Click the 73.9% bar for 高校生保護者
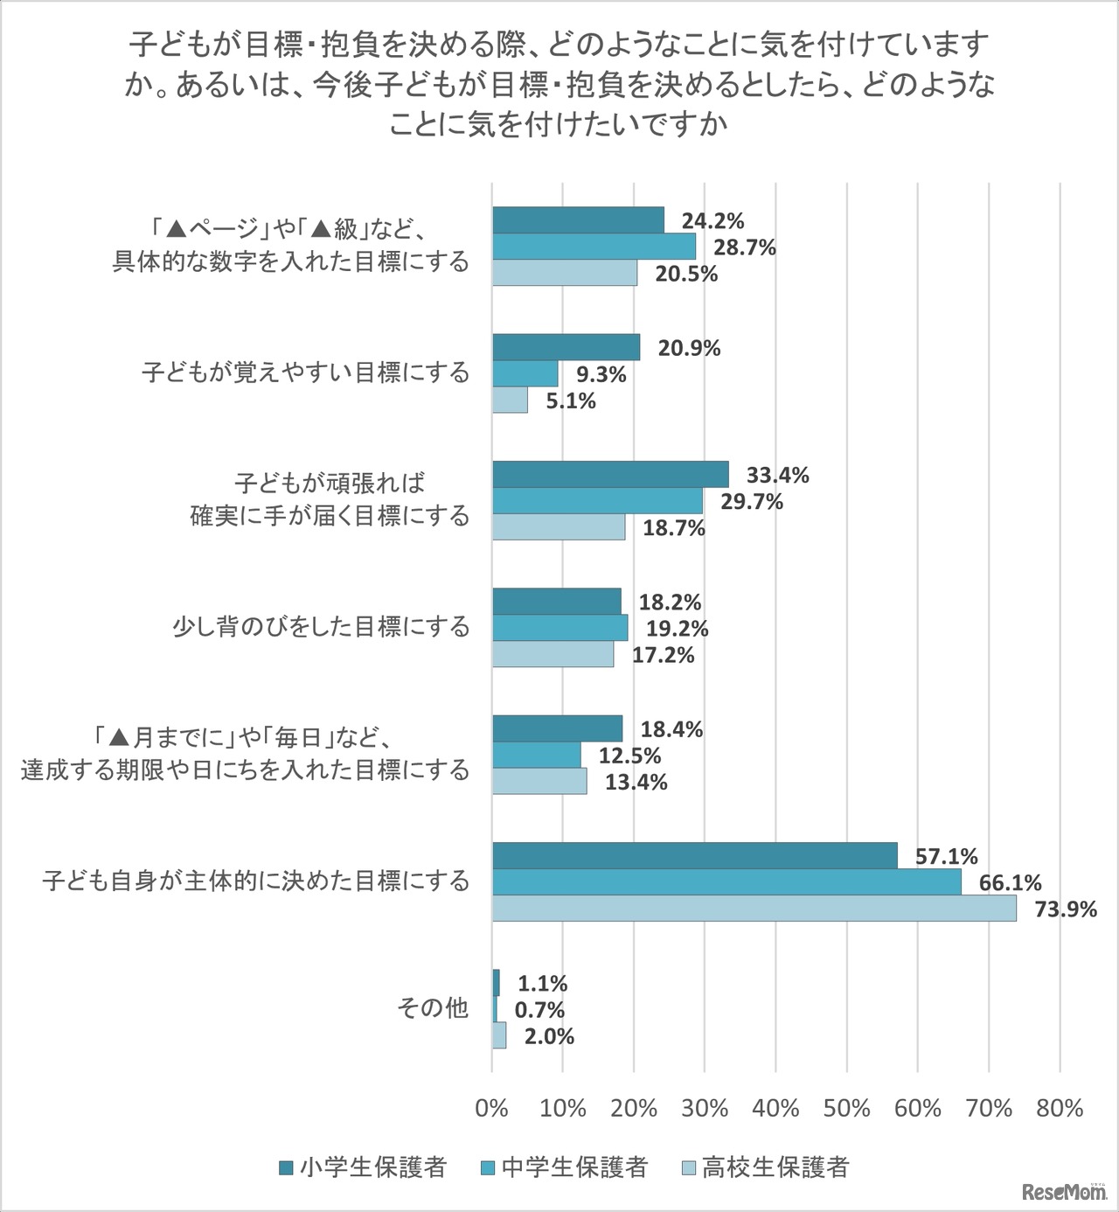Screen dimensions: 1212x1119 754,909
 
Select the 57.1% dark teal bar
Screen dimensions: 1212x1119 695,856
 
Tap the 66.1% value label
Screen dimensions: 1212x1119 1010,883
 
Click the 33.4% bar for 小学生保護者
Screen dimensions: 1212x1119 610,475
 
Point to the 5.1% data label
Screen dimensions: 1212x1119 571,401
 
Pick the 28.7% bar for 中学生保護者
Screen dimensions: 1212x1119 594,247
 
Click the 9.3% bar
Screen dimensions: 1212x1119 525,374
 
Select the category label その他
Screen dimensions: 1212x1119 433,1008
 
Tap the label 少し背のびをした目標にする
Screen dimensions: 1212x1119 321,627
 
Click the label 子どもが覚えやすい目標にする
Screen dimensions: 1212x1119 306,373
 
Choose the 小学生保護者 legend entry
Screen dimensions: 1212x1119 363,1167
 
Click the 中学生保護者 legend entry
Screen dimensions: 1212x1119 564,1167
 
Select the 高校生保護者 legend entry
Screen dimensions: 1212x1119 765,1167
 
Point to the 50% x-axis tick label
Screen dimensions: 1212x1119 846,1108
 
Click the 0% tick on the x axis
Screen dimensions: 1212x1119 491,1108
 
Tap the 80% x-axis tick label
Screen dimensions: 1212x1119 1060,1108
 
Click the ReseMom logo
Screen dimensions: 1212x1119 1063,1191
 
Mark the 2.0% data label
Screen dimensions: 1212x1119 549,1036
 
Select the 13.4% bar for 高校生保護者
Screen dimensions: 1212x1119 539,781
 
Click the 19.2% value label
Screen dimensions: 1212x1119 677,629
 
